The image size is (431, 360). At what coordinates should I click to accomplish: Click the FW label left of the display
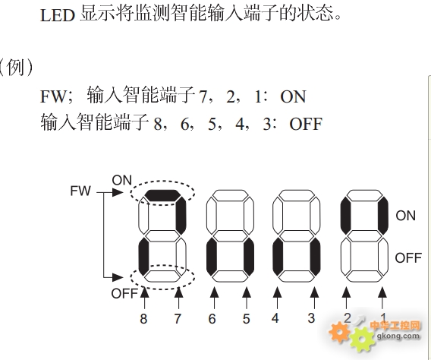click(80, 191)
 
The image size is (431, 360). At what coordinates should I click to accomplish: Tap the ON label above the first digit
click(121, 181)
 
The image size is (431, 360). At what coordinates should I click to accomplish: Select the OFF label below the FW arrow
click(124, 294)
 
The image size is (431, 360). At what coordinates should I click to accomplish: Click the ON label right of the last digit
click(406, 216)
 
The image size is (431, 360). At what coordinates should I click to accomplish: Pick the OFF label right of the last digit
click(408, 258)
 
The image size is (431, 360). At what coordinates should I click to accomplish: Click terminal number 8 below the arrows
click(143, 319)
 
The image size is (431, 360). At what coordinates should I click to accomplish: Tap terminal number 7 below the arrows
click(178, 319)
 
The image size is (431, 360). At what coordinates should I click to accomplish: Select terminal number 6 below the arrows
click(212, 319)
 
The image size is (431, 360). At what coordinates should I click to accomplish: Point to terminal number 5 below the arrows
click(247, 319)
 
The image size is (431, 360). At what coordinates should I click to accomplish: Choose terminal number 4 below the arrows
click(275, 318)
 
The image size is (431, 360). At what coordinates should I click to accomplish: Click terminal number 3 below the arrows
click(311, 318)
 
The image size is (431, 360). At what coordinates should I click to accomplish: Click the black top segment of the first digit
click(162, 195)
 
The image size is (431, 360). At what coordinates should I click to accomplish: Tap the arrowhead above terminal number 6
click(215, 292)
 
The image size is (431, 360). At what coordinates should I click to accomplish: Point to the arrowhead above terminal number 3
click(314, 292)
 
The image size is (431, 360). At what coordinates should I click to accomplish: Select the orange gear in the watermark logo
click(339, 332)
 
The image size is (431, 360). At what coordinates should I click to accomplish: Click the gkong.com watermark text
click(398, 336)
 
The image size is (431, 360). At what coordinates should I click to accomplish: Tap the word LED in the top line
click(58, 15)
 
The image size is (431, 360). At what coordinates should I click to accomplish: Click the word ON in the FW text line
click(293, 96)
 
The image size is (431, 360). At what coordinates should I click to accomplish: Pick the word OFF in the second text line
click(306, 124)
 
